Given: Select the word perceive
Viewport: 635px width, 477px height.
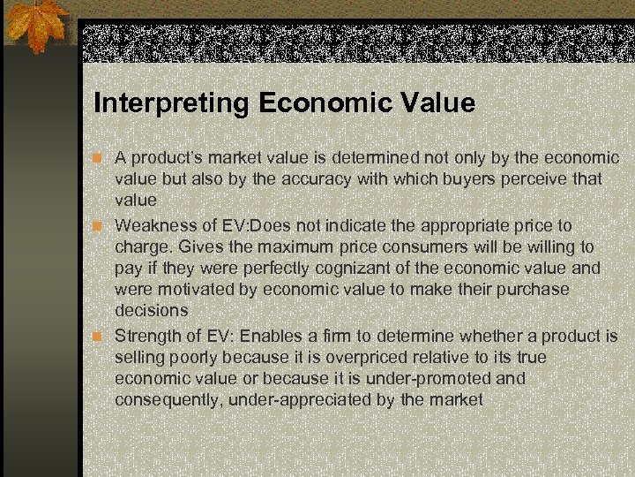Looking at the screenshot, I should coord(543,179).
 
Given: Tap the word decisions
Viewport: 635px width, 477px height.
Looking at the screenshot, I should coord(151,311).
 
